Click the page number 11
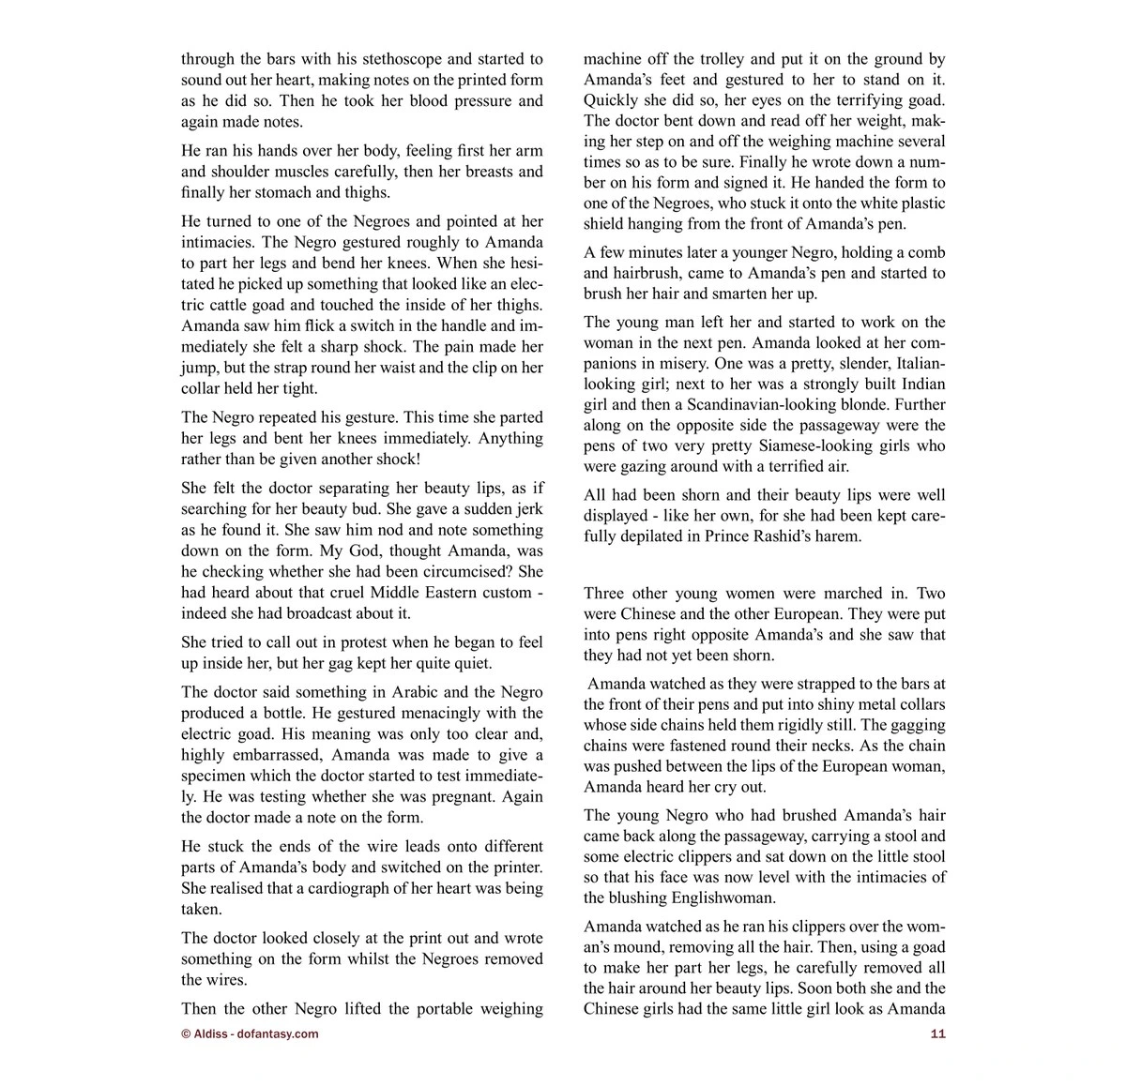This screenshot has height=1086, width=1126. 936,1033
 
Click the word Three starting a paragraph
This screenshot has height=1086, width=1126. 606,593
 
